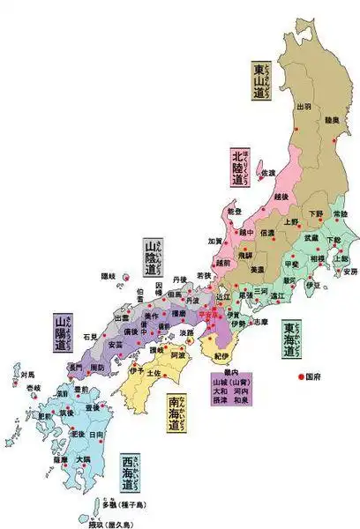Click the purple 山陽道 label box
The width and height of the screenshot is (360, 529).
64,332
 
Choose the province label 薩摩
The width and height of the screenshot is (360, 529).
59,459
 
